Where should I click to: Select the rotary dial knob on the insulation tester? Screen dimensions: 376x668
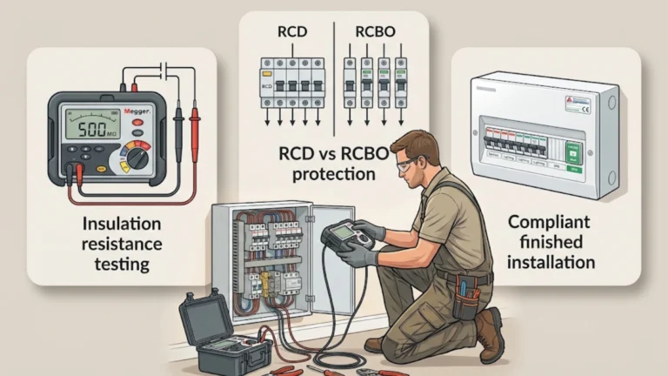tap(136, 157)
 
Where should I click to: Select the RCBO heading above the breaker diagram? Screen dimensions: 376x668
tap(376, 34)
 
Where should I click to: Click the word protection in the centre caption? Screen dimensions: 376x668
tap(334, 174)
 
